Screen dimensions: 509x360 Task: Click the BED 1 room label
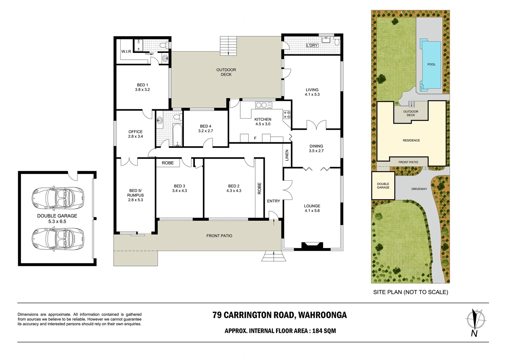[142, 87]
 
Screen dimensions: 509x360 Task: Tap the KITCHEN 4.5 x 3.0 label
[263, 122]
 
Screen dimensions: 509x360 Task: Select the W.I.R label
[126, 52]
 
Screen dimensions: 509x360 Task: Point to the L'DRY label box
[312, 45]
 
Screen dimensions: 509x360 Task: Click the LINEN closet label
[287, 155]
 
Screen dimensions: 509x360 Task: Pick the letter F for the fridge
[255, 138]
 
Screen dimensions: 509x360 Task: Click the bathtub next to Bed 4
[177, 135]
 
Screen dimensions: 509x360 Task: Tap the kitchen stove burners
[287, 115]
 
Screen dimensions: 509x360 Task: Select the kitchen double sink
[263, 105]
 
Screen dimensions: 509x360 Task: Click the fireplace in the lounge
[312, 246]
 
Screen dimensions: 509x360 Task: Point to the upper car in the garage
[58, 198]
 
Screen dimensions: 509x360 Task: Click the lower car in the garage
[58, 239]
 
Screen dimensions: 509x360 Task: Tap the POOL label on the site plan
[431, 64]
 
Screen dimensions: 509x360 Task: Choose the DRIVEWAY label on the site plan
[419, 189]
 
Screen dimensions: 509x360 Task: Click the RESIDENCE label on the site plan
[411, 140]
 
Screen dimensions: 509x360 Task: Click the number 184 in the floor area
[317, 331]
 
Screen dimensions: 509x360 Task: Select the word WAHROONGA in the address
[322, 315]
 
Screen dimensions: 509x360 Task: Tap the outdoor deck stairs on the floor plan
[229, 46]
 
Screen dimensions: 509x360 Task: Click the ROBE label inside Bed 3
[168, 163]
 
